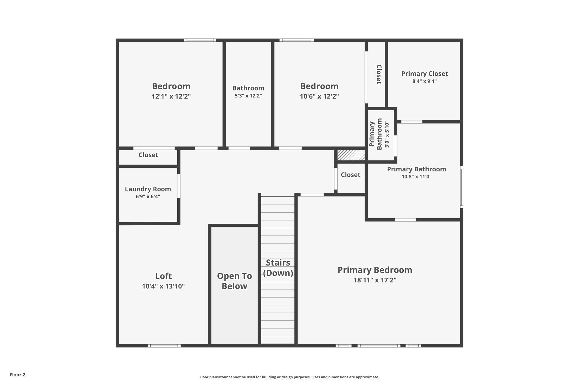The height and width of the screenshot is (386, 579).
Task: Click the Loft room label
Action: [x=163, y=276]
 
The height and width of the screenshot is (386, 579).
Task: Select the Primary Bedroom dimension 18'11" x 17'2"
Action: [x=375, y=280]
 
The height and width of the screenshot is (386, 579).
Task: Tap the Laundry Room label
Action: [x=148, y=189]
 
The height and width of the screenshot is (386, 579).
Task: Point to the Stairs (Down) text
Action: [x=278, y=268]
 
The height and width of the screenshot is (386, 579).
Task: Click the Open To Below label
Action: [x=234, y=281]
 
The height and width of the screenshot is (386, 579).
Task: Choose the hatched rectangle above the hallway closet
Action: [x=351, y=155]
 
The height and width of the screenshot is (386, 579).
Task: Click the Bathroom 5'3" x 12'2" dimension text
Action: [x=248, y=96]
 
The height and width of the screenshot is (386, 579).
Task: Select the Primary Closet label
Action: [x=424, y=74]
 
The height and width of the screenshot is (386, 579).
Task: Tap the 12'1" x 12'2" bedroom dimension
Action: [x=171, y=96]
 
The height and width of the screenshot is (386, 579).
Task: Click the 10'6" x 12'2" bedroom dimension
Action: [x=319, y=96]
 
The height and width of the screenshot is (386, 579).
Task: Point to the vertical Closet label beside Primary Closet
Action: [x=379, y=74]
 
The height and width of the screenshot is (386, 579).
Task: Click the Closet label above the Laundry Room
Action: [x=148, y=155]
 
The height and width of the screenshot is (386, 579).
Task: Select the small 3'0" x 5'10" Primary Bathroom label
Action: [x=387, y=134]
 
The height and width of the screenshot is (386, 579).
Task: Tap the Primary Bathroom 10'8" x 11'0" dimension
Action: [x=416, y=177]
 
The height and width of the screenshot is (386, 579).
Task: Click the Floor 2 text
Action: [x=18, y=375]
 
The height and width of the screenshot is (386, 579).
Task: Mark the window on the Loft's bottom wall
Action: [x=164, y=346]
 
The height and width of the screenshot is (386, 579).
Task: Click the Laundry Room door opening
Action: [x=179, y=186]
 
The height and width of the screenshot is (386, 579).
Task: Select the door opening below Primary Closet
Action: [x=412, y=122]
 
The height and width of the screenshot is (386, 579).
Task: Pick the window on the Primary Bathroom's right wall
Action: [x=461, y=187]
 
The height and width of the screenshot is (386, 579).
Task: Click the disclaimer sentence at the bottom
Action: [x=289, y=377]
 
